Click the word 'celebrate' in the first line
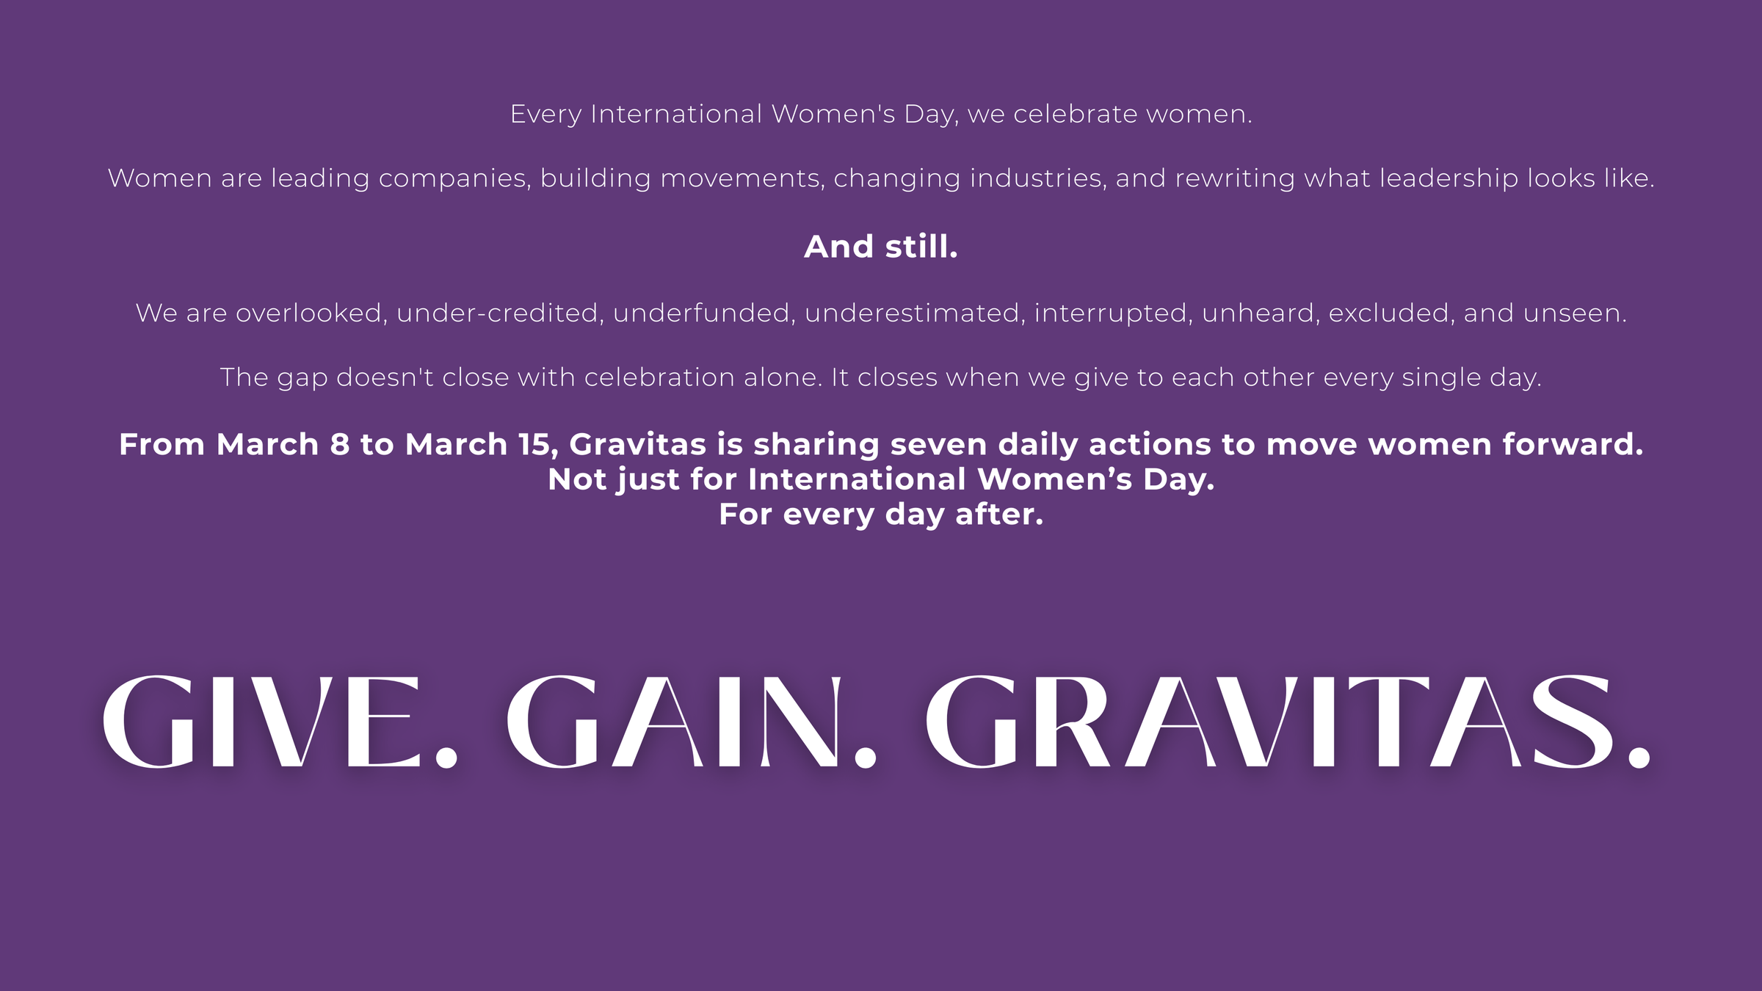[x=1076, y=114]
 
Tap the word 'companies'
[x=454, y=178]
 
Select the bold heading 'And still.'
[x=881, y=247]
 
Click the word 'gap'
[x=302, y=379]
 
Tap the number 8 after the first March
[x=340, y=445]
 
